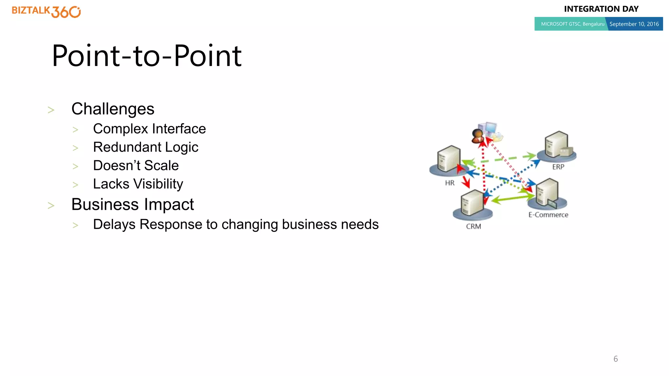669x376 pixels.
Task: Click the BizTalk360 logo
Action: coord(46,11)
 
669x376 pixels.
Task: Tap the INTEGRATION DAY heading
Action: coord(601,9)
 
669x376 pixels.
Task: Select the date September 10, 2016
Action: coord(634,24)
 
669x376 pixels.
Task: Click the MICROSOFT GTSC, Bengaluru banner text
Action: coord(572,24)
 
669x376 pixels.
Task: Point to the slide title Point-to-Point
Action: coord(147,56)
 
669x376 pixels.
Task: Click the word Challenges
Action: coord(113,109)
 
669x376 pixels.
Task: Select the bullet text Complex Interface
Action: coord(149,129)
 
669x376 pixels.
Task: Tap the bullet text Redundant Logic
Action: coord(146,147)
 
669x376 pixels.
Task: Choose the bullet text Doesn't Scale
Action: coord(136,165)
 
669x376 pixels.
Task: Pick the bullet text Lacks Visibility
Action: coord(138,184)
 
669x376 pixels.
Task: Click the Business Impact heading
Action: coord(132,205)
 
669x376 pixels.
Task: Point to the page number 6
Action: coord(615,359)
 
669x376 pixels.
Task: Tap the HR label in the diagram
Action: coord(449,183)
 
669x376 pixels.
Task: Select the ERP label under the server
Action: coord(558,167)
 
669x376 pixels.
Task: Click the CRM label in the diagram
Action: coord(473,227)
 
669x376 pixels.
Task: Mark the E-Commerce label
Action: coord(548,215)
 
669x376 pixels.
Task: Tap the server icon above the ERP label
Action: coord(557,145)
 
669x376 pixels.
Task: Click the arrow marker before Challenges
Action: coord(51,110)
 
